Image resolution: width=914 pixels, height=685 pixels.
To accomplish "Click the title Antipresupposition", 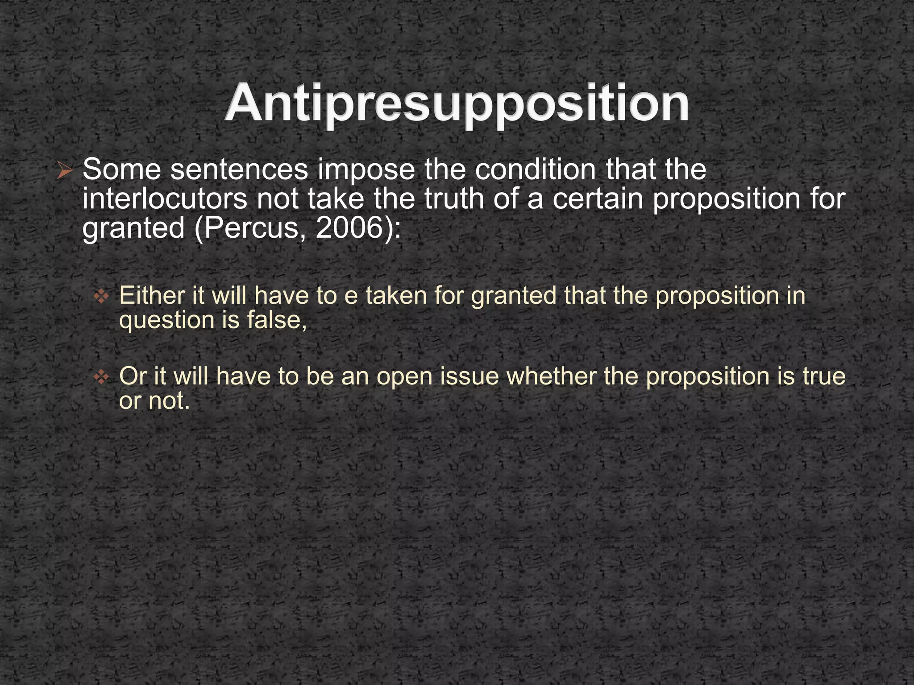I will click(457, 103).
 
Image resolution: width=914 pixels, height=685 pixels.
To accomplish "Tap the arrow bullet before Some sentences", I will click(65, 171).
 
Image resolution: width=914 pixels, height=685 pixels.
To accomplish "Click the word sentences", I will click(239, 170).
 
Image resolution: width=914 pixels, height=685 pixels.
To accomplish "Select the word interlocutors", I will click(164, 199).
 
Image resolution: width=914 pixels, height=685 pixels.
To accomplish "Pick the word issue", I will click(469, 376).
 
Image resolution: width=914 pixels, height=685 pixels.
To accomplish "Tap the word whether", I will click(552, 376).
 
